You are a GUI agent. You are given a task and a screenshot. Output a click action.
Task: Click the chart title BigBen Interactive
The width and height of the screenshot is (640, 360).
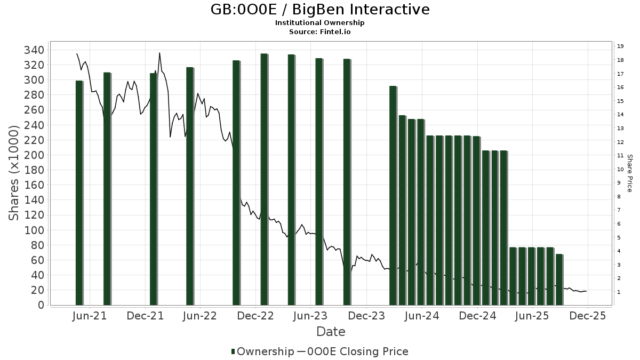(320, 10)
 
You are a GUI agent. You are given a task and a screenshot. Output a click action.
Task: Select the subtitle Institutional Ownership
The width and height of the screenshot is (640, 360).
(320, 23)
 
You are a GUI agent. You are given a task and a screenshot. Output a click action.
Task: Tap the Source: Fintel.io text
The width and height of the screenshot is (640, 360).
(320, 32)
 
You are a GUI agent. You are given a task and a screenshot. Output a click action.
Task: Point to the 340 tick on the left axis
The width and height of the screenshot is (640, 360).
(34, 50)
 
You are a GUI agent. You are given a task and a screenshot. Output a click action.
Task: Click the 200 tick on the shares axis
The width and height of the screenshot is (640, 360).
(34, 155)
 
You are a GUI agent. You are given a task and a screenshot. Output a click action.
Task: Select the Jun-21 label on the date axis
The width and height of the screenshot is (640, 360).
(89, 316)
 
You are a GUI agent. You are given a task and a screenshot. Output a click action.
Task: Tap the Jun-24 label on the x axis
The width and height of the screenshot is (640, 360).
(422, 316)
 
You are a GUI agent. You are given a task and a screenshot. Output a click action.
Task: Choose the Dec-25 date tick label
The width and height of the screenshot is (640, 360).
(587, 316)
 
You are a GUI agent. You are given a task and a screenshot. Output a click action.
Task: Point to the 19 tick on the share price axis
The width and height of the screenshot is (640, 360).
(620, 46)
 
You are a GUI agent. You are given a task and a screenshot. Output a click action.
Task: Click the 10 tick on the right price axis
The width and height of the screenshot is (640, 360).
(620, 170)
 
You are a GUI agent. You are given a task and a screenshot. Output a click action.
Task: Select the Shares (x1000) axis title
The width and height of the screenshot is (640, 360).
(14, 173)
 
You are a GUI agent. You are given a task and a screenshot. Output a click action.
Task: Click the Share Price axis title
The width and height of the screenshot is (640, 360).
(629, 173)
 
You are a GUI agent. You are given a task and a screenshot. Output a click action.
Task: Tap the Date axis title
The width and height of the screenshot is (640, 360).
(331, 332)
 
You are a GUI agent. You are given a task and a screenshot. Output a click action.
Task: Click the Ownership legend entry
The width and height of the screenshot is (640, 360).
(262, 351)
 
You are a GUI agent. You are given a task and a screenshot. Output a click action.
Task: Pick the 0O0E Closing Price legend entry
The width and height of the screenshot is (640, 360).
(353, 351)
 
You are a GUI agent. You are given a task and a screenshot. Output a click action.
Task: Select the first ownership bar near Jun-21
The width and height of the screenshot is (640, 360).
(79, 192)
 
